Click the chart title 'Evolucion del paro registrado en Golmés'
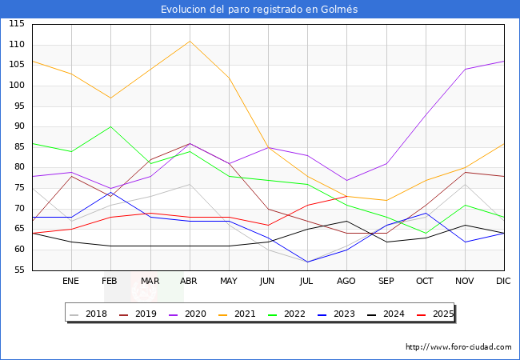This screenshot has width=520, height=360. point(259,10)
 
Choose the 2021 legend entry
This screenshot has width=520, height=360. point(243,314)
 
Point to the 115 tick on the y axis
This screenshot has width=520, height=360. point(17,24)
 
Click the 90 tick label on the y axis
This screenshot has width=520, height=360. point(17,126)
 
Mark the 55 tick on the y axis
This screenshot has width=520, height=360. point(17,270)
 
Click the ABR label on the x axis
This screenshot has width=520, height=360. point(189,282)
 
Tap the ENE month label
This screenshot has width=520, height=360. point(71,282)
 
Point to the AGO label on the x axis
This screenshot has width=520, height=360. point(346,282)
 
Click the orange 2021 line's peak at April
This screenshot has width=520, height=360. point(190,41)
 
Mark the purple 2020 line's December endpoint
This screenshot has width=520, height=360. point(504,61)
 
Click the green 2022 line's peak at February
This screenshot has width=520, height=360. point(110,126)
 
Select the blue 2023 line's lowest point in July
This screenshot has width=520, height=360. point(307,262)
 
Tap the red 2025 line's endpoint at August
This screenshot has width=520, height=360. point(346,196)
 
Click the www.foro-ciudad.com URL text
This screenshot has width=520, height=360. point(458,347)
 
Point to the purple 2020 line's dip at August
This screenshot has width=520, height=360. point(346,180)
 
